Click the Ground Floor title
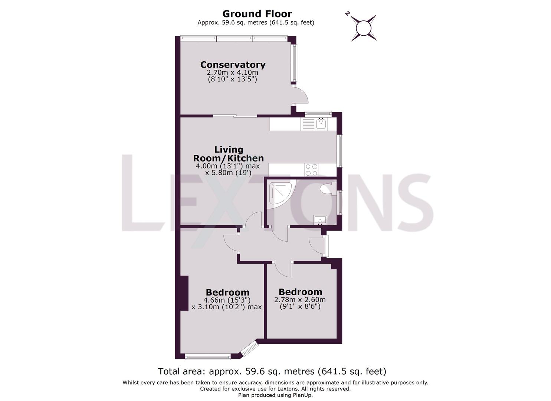(257, 14)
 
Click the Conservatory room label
(233, 65)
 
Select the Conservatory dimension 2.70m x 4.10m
(232, 72)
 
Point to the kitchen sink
(321, 124)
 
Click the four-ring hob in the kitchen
(311, 170)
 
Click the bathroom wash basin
(320, 220)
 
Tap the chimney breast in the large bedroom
(184, 293)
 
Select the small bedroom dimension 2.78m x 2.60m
(300, 300)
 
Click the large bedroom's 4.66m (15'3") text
(227, 300)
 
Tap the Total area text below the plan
(272, 371)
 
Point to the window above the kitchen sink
(318, 114)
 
